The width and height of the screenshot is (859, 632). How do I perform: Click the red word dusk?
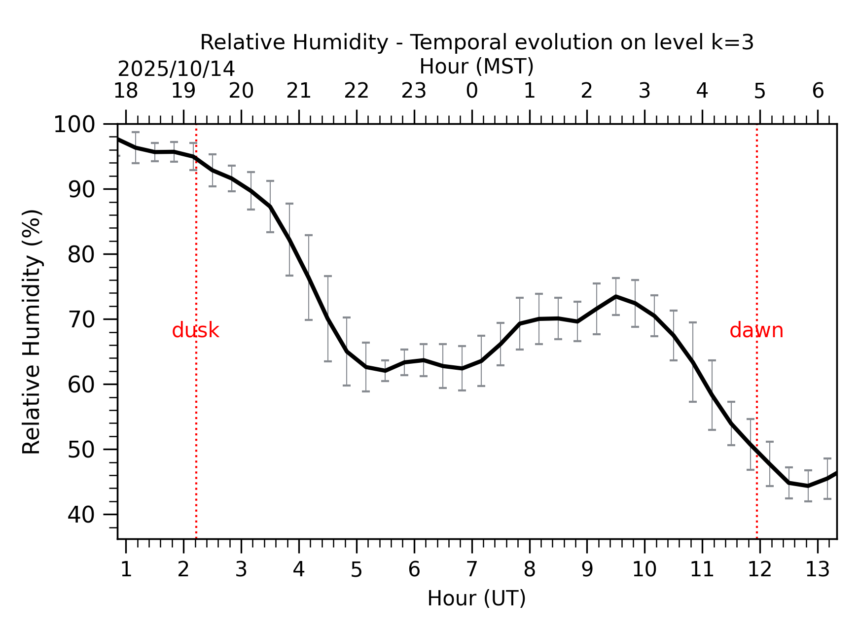tap(195, 330)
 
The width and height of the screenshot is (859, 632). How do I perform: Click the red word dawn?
tap(756, 330)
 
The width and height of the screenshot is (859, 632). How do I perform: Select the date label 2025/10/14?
tap(176, 69)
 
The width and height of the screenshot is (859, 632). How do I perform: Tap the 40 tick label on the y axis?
tap(81, 515)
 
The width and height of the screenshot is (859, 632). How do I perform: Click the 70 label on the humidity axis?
tap(81, 319)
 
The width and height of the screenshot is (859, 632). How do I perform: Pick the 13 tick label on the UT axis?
tap(817, 570)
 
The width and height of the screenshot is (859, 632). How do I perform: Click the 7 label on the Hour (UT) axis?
tap(471, 570)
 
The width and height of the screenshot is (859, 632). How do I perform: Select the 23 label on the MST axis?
tap(414, 91)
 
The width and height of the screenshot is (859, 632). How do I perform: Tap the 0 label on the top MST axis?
tap(472, 91)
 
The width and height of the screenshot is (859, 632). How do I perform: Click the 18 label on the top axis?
tap(126, 91)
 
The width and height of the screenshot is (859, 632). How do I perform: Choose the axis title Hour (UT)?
tap(476, 598)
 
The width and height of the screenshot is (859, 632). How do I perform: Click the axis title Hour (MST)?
tap(476, 67)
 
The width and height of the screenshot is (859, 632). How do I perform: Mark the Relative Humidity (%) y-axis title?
tap(32, 331)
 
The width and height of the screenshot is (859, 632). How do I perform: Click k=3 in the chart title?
tap(732, 43)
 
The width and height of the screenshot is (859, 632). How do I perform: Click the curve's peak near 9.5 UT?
tap(616, 296)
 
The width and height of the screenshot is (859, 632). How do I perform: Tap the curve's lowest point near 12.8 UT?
tap(808, 486)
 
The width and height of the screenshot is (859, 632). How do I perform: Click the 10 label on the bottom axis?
tap(644, 570)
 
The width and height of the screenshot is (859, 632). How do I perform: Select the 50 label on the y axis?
tap(81, 450)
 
